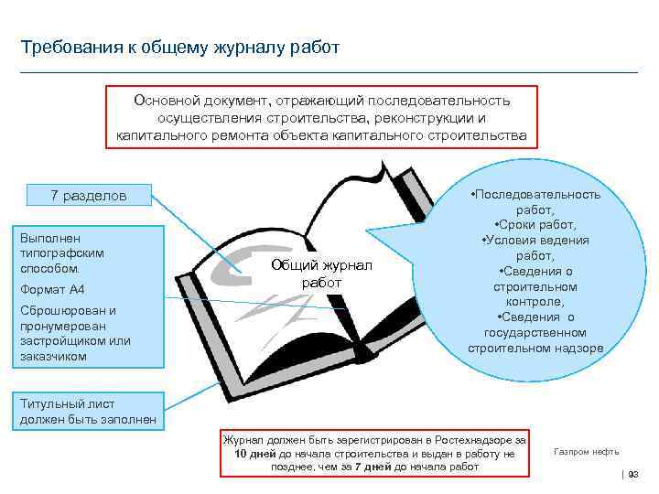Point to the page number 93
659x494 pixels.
(632, 473)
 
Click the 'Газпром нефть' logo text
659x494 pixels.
(586, 452)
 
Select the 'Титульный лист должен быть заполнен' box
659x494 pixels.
(88, 412)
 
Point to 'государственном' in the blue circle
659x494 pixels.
(535, 332)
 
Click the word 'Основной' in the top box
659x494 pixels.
(162, 101)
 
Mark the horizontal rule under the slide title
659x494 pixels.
(329, 72)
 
